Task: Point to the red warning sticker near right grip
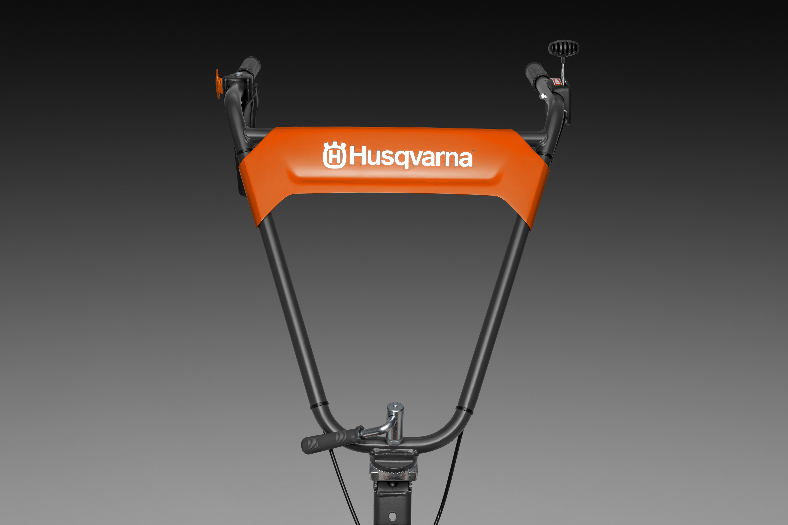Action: [x=557, y=81]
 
